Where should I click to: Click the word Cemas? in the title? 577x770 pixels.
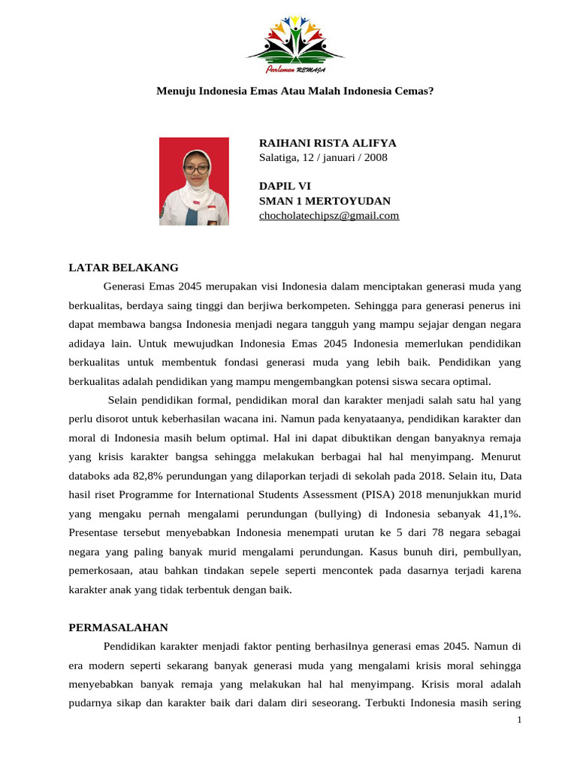click(413, 91)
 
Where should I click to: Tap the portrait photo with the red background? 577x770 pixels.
click(194, 181)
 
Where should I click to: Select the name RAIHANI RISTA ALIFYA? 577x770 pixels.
click(328, 143)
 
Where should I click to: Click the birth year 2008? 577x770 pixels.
click(375, 157)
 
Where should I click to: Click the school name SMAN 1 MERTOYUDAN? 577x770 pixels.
click(325, 201)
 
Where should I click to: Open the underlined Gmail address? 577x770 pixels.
click(328, 216)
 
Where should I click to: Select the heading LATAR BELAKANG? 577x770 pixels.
click(124, 267)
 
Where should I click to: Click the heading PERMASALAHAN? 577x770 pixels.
click(119, 627)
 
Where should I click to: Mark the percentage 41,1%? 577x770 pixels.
click(503, 514)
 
